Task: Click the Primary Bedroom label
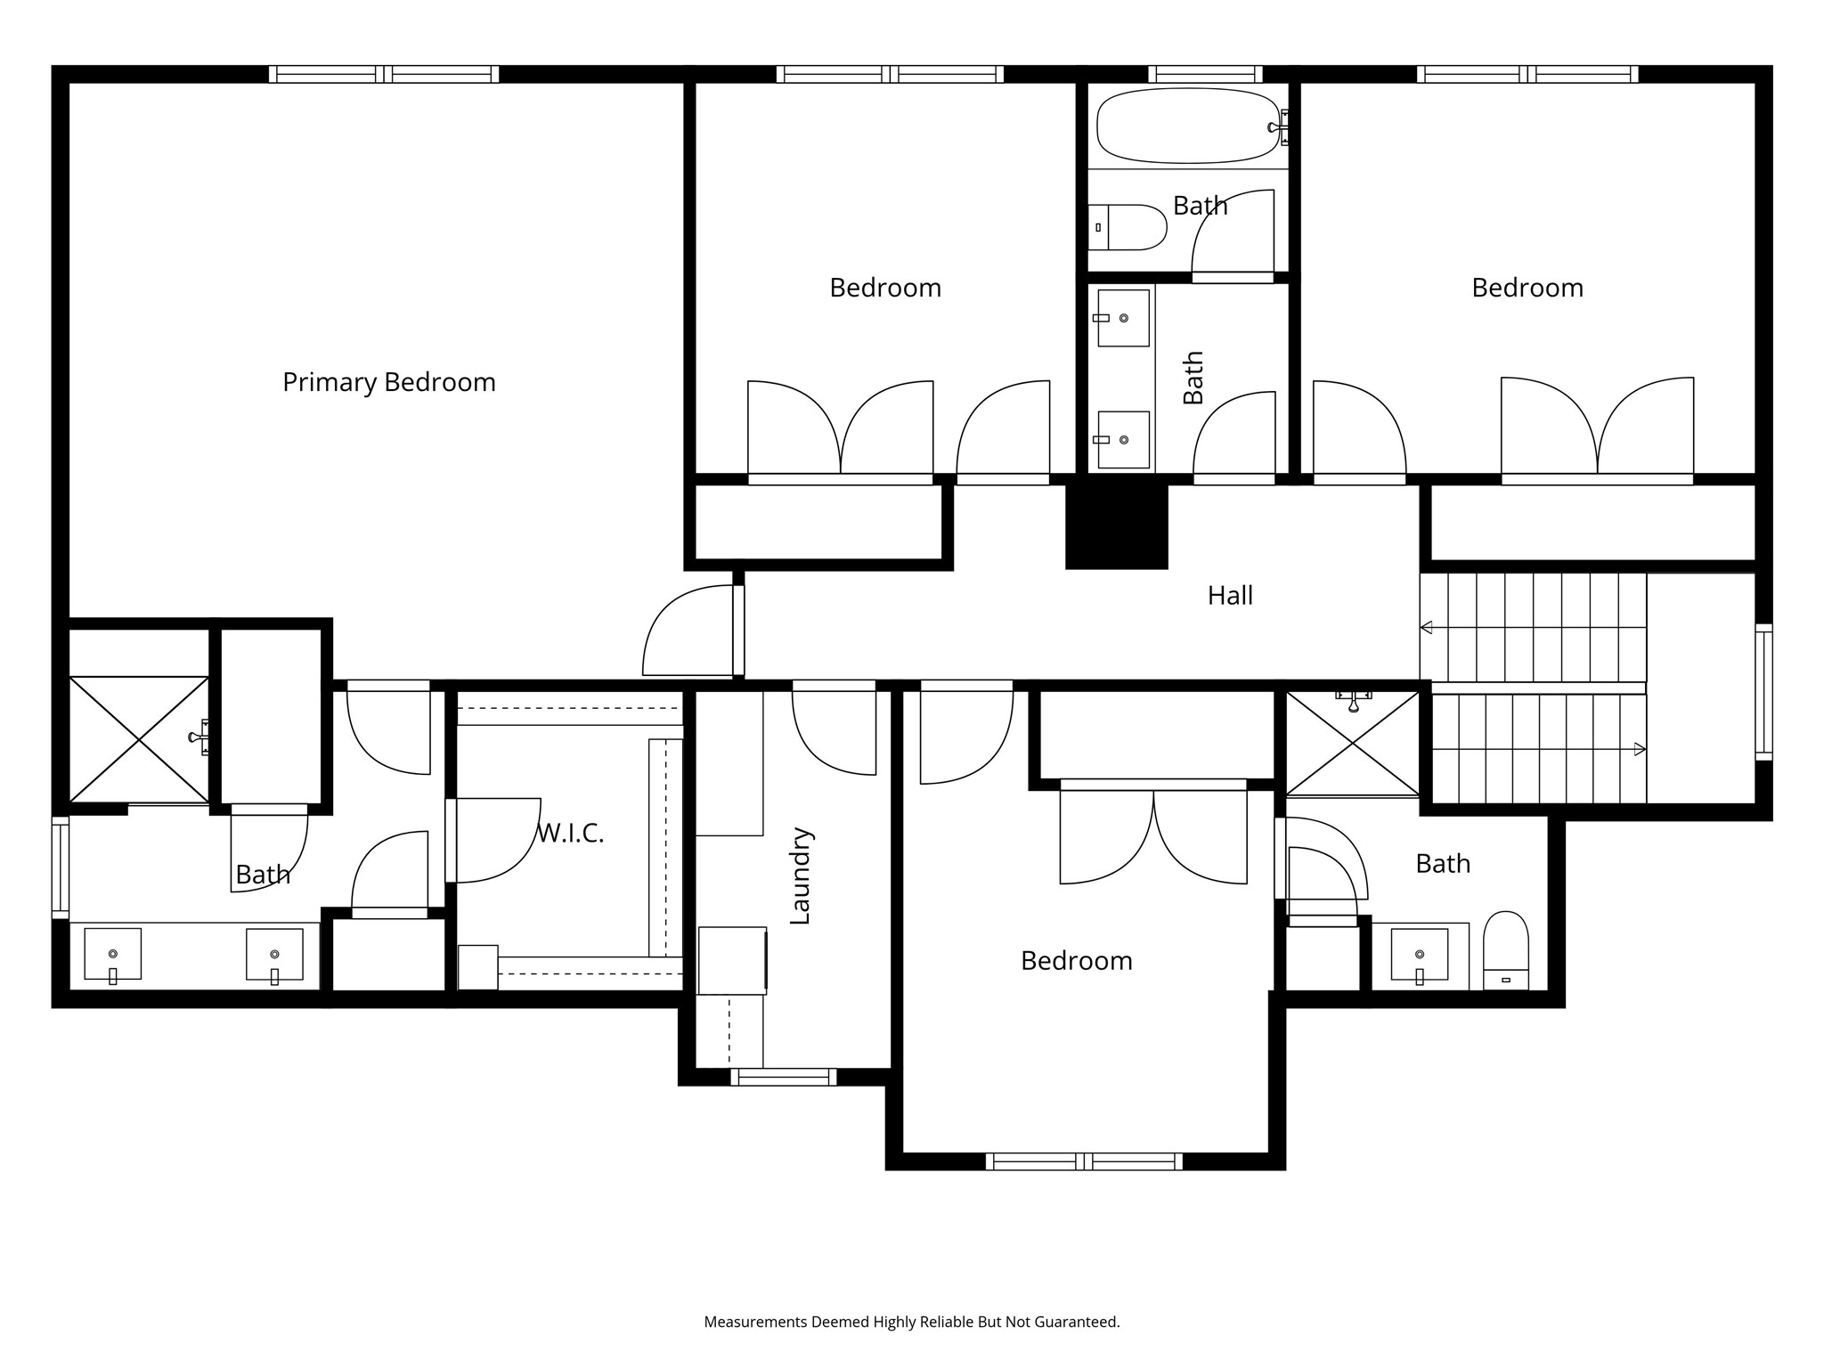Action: coord(388,382)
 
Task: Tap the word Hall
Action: coord(1230,595)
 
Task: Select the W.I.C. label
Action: coord(571,834)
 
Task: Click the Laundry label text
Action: coord(800,875)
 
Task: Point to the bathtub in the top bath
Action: coord(1188,126)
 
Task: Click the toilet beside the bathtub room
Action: coord(1128,227)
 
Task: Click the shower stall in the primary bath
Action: coord(139,738)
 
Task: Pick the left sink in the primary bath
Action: coord(113,954)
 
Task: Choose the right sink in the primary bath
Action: coord(274,954)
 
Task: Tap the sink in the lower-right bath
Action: coord(1419,954)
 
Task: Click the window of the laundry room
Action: coord(784,1077)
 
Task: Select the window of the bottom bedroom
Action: coord(1084,1161)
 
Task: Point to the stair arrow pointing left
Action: coord(1427,628)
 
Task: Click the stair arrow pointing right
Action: coord(1639,750)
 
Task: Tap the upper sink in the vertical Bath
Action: coord(1123,318)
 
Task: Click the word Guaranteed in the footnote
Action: coord(1076,1322)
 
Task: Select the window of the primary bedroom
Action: coord(384,74)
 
